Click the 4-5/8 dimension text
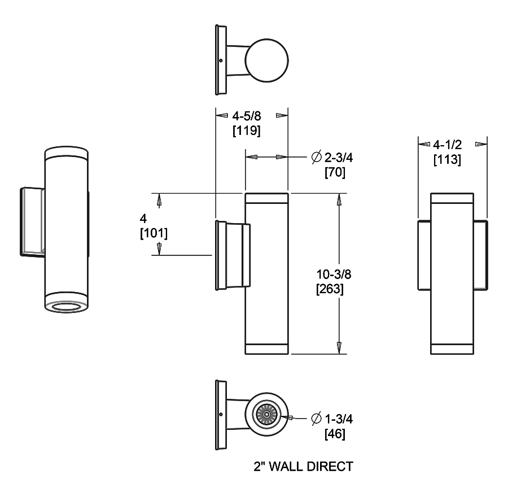[x=246, y=116]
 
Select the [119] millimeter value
[x=246, y=131]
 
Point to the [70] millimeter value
[x=335, y=172]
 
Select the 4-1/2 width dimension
[x=448, y=145]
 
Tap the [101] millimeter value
[x=154, y=233]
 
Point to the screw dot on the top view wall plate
[x=221, y=60]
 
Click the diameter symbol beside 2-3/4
[x=316, y=156]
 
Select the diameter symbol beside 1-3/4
[x=316, y=419]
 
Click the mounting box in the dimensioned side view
[x=231, y=255]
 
